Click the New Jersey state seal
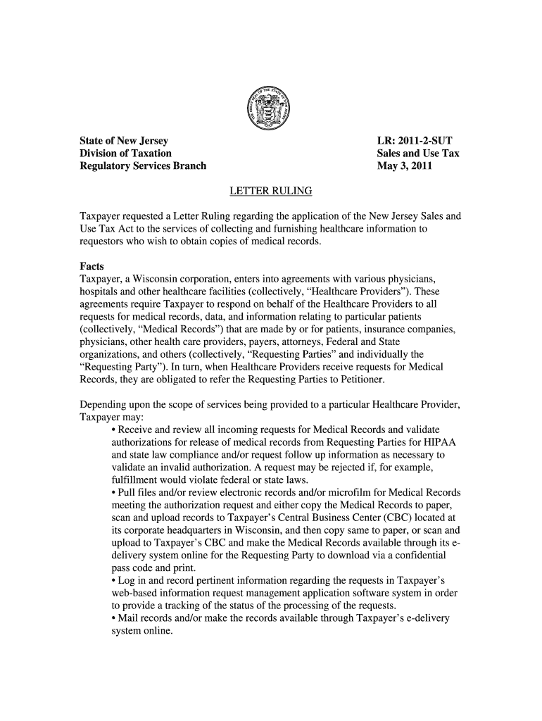(270, 111)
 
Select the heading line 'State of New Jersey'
(123, 141)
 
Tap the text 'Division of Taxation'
(125, 153)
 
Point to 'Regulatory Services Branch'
(143, 166)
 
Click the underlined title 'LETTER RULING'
(270, 191)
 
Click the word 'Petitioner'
(355, 381)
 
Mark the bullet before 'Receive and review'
(115, 430)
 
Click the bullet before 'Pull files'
(115, 491)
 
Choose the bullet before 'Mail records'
(115, 618)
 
